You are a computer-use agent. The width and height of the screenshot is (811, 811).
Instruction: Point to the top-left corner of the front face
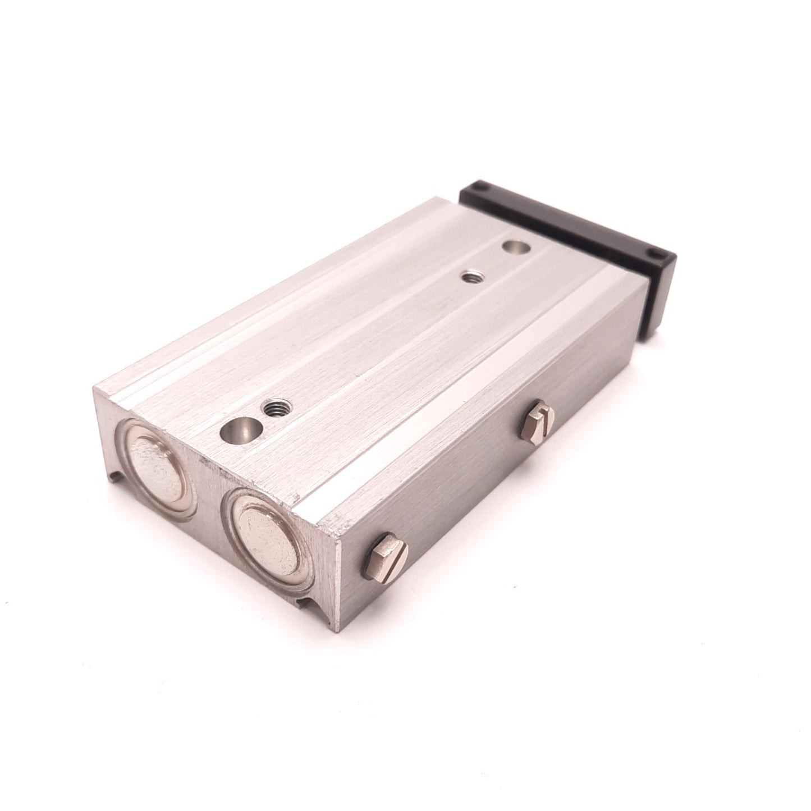[97, 387]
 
